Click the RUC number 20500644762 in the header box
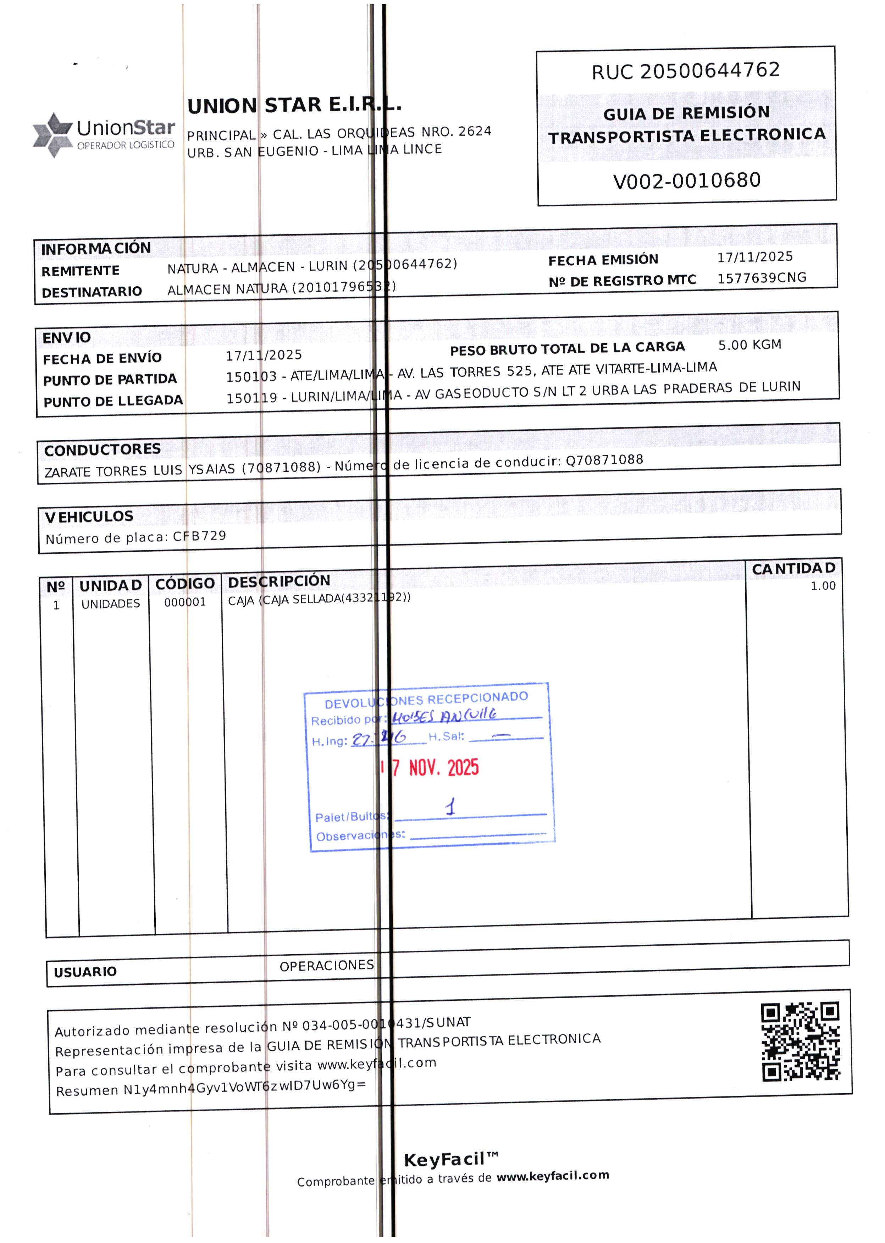pyautogui.click(x=710, y=70)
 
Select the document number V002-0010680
pyautogui.click(x=687, y=180)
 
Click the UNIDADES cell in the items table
pyautogui.click(x=111, y=604)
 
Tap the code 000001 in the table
pyautogui.click(x=185, y=602)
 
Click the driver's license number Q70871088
pyautogui.click(x=604, y=460)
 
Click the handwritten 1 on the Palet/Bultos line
pyautogui.click(x=450, y=807)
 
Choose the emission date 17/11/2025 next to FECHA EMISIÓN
pyautogui.click(x=755, y=257)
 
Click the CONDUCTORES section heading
pyautogui.click(x=103, y=449)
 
